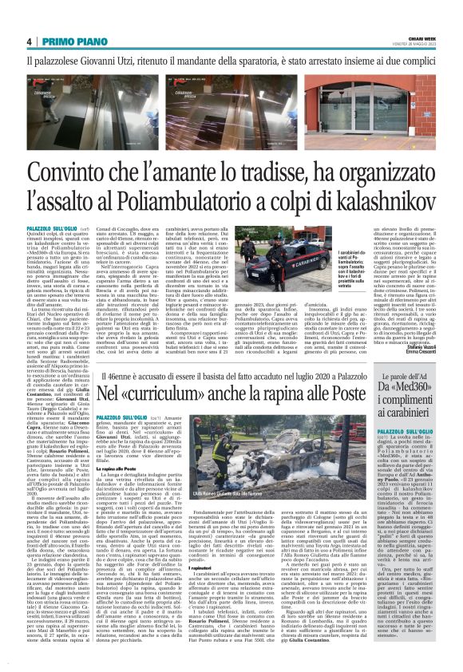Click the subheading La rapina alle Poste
point(119,488)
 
